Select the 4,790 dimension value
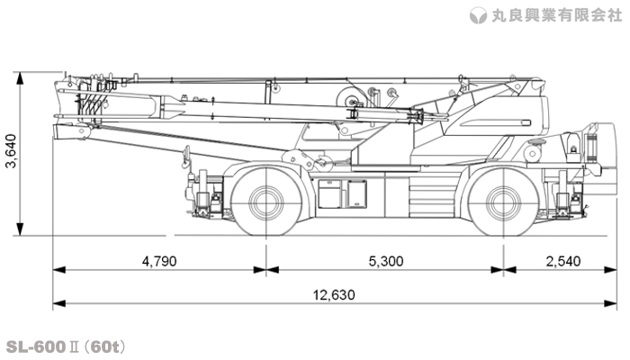159,261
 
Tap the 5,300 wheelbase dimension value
385,261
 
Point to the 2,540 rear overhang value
562,261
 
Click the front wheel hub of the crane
265,202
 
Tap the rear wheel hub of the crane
502,202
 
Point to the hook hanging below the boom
185,161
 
